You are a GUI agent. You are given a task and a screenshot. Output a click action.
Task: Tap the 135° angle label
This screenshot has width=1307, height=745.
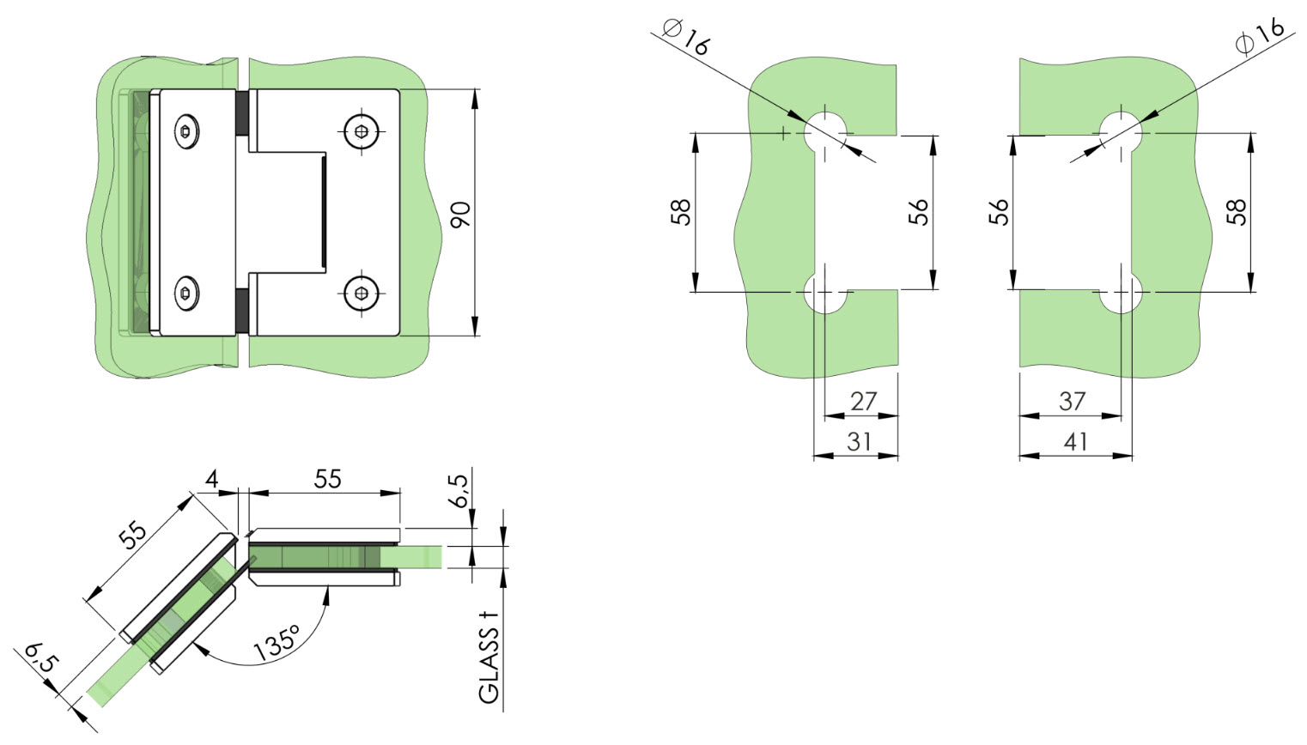pyautogui.click(x=277, y=643)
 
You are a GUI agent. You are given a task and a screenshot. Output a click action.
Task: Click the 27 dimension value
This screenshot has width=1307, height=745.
pyautogui.click(x=864, y=402)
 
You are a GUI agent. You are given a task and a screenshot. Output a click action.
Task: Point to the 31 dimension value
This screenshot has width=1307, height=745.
pyautogui.click(x=859, y=442)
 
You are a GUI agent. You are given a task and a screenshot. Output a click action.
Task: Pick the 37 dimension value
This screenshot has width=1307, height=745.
pyautogui.click(x=1072, y=402)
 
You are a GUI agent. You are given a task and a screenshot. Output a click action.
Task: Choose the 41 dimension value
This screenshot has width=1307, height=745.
pyautogui.click(x=1075, y=442)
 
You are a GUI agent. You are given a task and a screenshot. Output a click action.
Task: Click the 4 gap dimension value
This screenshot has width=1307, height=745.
pyautogui.click(x=212, y=479)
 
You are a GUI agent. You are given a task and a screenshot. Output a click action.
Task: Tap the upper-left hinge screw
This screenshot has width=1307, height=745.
pyautogui.click(x=186, y=132)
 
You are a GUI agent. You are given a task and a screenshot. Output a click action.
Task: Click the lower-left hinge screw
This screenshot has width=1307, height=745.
pyautogui.click(x=186, y=294)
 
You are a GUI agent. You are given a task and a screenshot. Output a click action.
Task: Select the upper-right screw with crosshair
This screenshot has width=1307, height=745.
pyautogui.click(x=362, y=132)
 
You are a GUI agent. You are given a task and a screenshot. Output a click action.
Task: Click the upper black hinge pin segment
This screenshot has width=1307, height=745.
pyautogui.click(x=243, y=113)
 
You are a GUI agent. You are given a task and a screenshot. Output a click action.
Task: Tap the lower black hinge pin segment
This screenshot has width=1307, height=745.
pyautogui.click(x=243, y=312)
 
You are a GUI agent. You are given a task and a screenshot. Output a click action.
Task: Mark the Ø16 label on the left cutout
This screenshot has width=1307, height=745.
pyautogui.click(x=687, y=36)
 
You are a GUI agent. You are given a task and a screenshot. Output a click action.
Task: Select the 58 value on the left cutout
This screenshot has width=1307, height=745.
pyautogui.click(x=681, y=212)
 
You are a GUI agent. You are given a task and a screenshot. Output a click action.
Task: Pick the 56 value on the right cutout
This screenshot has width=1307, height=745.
pyautogui.click(x=999, y=212)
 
